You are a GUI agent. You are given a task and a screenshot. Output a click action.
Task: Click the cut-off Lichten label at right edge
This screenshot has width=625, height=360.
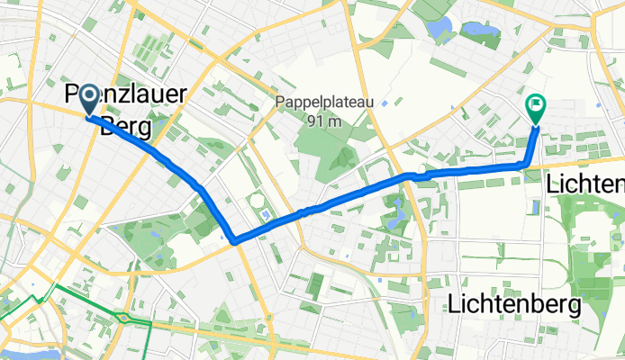[x=585, y=184]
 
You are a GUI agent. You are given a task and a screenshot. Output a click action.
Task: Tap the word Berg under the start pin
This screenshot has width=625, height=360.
[x=125, y=127]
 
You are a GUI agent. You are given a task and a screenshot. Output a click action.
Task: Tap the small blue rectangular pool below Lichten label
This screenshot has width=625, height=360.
[x=538, y=207]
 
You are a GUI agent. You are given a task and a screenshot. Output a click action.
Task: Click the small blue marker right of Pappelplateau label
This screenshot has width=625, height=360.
[x=385, y=102]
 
